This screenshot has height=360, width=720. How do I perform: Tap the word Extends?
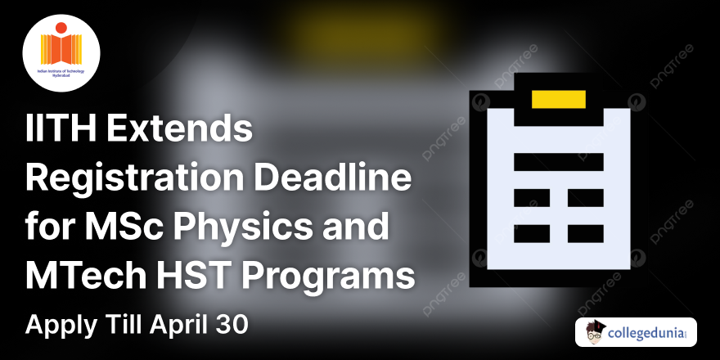tap(190, 131)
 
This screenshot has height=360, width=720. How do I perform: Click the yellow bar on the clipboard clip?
tap(559, 99)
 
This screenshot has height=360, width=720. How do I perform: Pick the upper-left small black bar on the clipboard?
tap(532, 198)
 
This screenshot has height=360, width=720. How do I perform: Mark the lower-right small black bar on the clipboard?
tap(585, 233)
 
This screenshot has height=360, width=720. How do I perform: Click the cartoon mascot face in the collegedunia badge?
tap(595, 332)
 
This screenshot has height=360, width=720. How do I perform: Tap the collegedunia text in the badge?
tap(649, 333)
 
